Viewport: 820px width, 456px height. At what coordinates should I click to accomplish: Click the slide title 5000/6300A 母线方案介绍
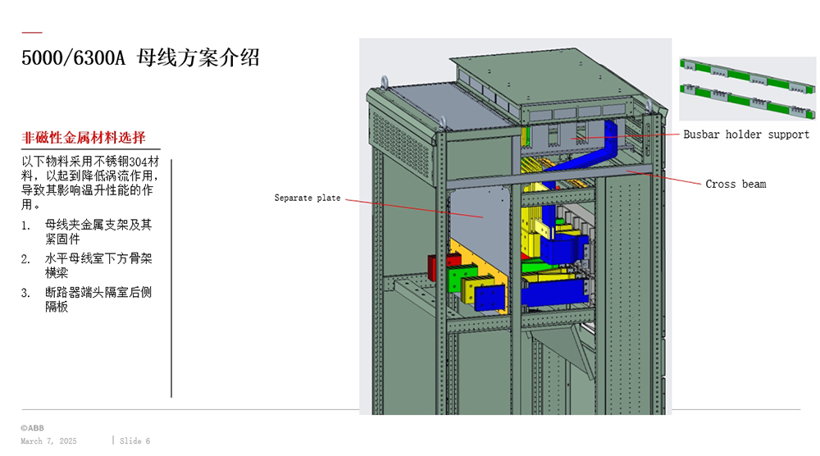[140, 58]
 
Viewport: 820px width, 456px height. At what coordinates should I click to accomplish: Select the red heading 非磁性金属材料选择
[84, 137]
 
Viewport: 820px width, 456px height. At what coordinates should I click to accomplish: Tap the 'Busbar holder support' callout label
[746, 135]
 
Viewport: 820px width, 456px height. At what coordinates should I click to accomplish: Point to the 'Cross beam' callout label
[736, 184]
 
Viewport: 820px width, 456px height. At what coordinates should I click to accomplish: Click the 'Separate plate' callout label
[307, 198]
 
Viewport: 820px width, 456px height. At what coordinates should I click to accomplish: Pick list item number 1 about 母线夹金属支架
[98, 230]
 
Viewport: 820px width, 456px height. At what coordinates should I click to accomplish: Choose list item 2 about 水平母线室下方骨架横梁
[98, 265]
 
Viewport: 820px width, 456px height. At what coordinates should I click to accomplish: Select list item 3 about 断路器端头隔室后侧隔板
[98, 299]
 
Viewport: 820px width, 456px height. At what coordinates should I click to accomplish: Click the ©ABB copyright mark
[33, 428]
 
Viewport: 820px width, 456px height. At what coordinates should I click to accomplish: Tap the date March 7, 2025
[48, 441]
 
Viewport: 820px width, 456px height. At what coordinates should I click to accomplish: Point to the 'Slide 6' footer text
[135, 441]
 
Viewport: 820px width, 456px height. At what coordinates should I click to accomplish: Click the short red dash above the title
[31, 33]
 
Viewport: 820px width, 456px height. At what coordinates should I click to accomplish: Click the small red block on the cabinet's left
[434, 267]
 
